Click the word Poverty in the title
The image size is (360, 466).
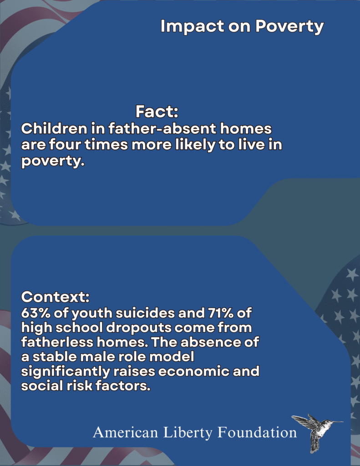(x=289, y=26)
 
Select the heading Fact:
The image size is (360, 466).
(x=157, y=111)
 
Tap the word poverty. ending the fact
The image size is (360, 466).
(x=53, y=162)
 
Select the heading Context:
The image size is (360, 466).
(x=55, y=297)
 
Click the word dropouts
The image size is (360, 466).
(x=139, y=328)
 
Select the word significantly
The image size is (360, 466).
(x=66, y=372)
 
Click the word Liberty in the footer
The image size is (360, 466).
(x=188, y=433)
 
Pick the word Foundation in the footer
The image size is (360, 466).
(x=257, y=432)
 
